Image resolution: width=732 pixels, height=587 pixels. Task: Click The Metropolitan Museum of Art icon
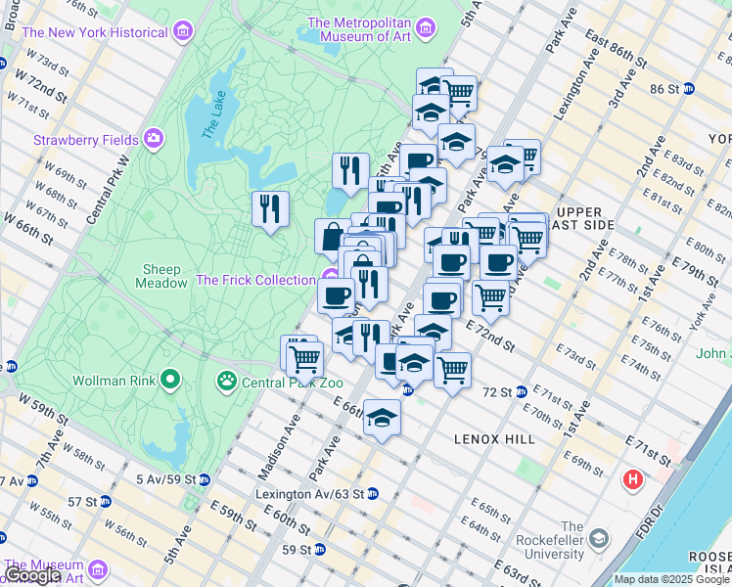click(x=425, y=29)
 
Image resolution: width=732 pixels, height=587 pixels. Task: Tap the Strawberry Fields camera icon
click(x=154, y=139)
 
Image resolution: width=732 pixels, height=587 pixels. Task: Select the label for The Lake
click(x=213, y=118)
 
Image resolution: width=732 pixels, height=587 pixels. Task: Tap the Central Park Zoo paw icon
click(x=227, y=379)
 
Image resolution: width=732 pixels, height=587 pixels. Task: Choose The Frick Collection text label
click(x=255, y=280)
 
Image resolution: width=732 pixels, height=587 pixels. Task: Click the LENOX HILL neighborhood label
click(x=494, y=439)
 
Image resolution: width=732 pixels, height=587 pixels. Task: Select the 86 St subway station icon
click(x=688, y=88)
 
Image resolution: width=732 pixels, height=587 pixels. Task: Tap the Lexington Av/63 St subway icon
click(x=371, y=494)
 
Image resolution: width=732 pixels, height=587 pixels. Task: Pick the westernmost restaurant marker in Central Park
click(x=270, y=208)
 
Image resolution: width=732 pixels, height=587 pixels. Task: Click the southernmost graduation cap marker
click(x=382, y=418)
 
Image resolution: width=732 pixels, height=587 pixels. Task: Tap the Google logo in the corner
click(x=32, y=575)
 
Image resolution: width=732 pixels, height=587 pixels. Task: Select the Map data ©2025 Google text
click(x=670, y=579)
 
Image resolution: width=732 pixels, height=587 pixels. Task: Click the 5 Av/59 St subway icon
click(x=204, y=479)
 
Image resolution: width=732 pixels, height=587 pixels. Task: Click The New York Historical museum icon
click(x=182, y=33)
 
